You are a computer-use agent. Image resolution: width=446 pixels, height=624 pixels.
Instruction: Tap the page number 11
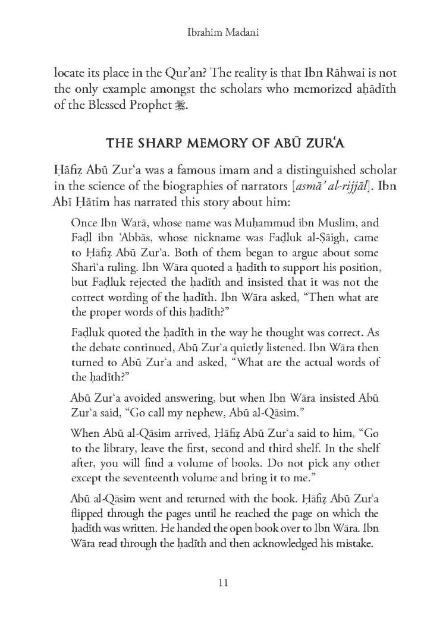(x=223, y=583)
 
